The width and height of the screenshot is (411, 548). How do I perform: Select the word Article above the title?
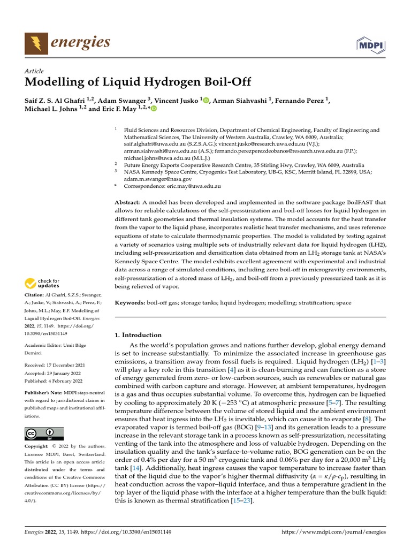34,71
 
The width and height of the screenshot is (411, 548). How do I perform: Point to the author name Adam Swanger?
122,100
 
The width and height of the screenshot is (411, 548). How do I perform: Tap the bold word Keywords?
130,303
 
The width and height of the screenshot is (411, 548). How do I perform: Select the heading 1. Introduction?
138,335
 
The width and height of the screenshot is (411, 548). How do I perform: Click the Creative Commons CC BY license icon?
44,433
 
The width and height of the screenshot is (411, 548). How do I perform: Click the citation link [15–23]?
242,500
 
